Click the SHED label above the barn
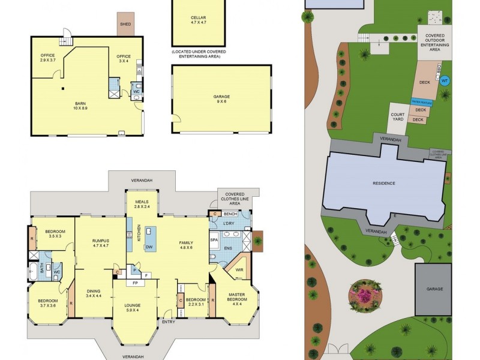click(125, 25)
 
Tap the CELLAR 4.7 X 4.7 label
click(198, 20)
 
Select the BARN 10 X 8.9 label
click(80, 106)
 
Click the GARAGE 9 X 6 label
click(221, 99)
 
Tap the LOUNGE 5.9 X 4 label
click(132, 307)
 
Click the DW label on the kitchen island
click(148, 247)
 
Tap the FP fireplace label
click(135, 283)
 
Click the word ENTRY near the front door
click(169, 322)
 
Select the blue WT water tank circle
click(445, 80)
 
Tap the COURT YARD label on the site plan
click(397, 116)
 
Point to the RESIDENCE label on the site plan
click(384, 182)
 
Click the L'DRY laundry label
click(229, 224)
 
